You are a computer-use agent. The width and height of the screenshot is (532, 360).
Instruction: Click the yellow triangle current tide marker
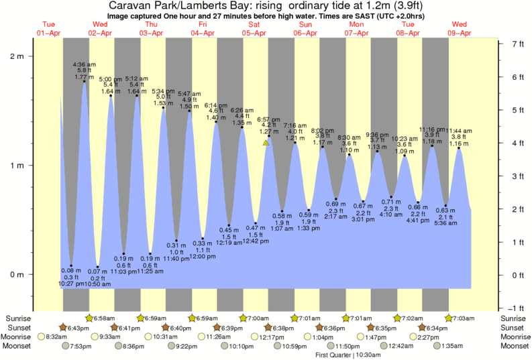(x=266, y=143)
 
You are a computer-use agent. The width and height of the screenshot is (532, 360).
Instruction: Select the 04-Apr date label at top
(x=203, y=33)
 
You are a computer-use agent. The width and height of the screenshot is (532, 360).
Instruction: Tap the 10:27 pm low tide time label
(x=70, y=284)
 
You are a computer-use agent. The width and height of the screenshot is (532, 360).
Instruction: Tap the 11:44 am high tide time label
(x=458, y=131)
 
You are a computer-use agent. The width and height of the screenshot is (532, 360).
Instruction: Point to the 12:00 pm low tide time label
(x=202, y=256)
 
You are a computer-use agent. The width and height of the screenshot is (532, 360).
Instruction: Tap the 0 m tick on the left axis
(x=18, y=274)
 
